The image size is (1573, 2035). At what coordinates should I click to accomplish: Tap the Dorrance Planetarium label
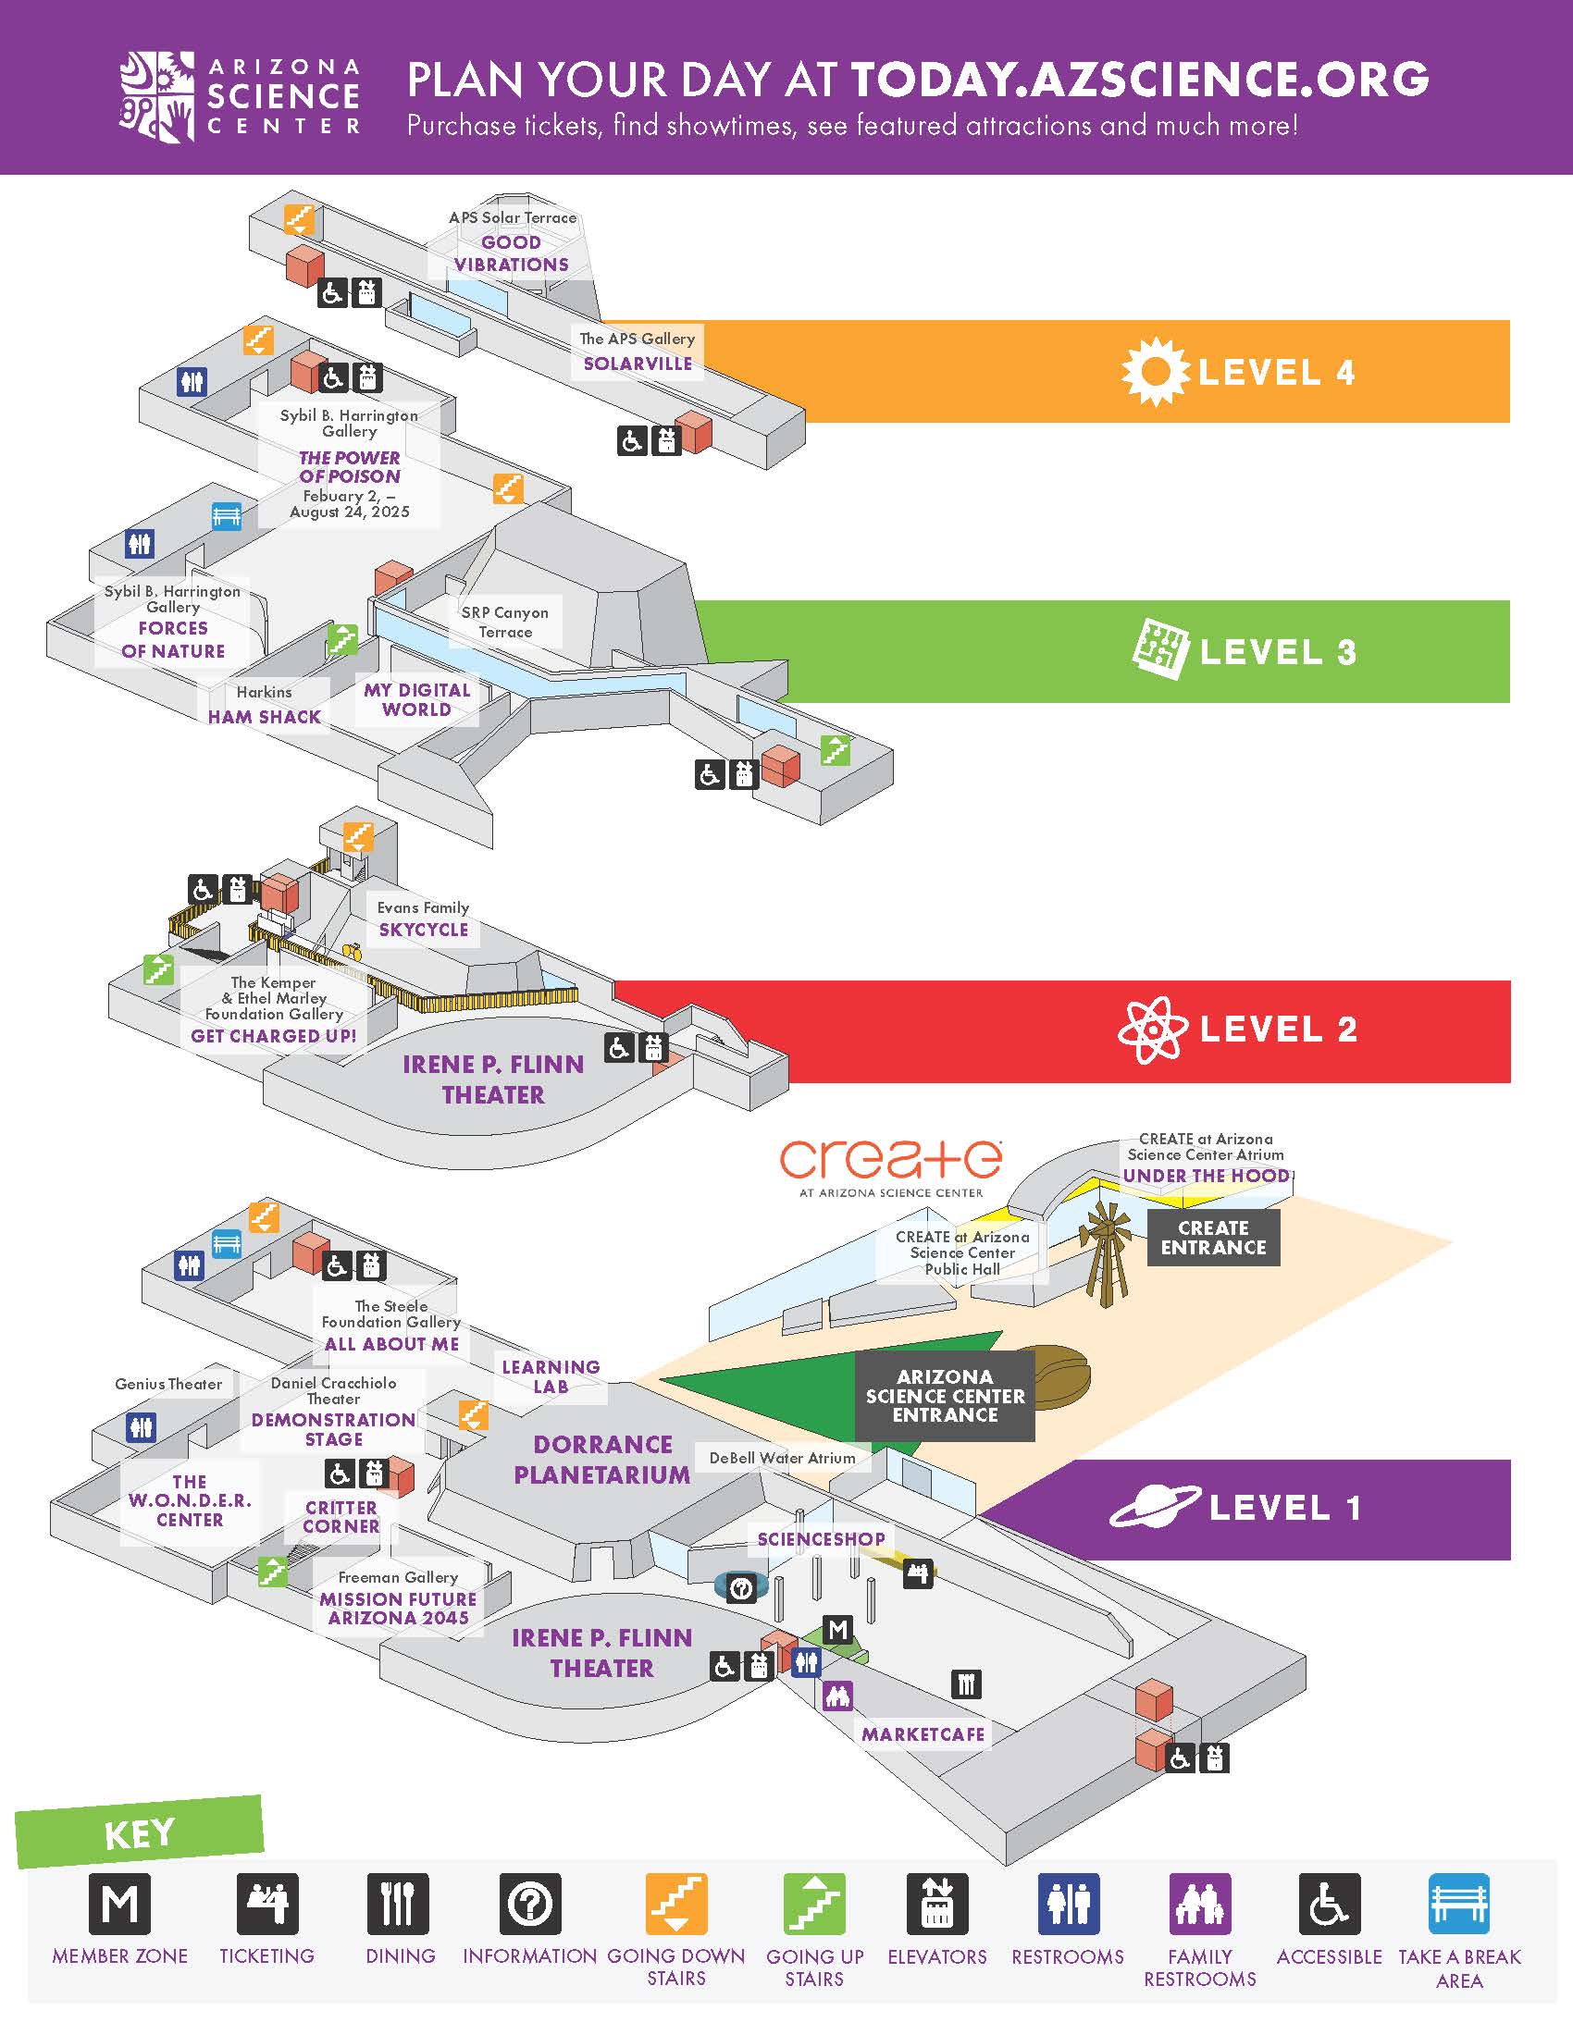[x=602, y=1459]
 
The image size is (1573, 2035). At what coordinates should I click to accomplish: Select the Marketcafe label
[x=923, y=1734]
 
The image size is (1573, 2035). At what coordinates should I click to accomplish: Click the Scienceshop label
[x=821, y=1538]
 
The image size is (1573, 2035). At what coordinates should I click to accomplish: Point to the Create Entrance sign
[x=1213, y=1238]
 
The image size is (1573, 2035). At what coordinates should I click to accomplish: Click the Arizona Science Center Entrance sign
[x=945, y=1395]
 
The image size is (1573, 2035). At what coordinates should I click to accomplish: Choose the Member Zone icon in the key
[x=119, y=1904]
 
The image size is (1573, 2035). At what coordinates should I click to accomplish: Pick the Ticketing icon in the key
[x=267, y=1904]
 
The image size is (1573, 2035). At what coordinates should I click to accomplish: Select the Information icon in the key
[x=530, y=1904]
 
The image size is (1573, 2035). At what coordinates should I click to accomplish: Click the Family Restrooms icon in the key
[x=1200, y=1904]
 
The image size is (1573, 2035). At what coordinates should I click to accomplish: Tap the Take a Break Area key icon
[x=1459, y=1904]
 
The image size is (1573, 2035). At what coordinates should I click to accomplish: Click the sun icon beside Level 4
[x=1155, y=371]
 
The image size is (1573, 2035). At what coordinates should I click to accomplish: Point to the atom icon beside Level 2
[x=1153, y=1029]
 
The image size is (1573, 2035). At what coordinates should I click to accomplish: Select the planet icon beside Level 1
[x=1155, y=1506]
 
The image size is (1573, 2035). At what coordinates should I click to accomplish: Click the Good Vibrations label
[x=512, y=253]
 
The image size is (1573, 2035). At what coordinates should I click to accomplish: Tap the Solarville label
[x=638, y=364]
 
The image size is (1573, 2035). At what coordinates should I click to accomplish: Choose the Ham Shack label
[x=265, y=717]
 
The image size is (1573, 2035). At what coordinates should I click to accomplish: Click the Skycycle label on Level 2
[x=424, y=929]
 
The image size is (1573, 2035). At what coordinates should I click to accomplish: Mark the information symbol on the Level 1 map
[x=741, y=1587]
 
